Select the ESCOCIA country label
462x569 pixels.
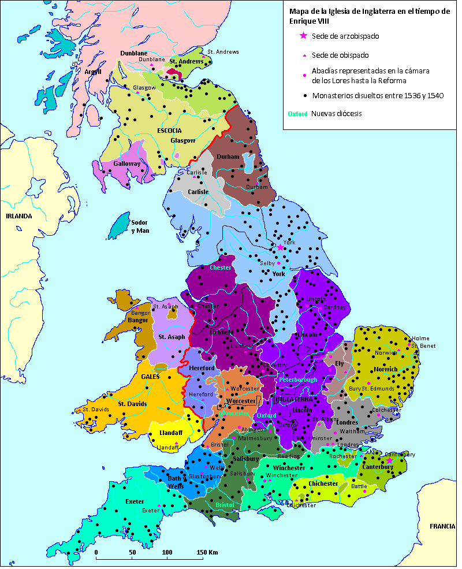[169, 131]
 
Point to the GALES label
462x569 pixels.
[150, 376]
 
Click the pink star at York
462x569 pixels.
[281, 247]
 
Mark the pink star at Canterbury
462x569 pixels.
[390, 461]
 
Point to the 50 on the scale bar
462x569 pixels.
[132, 552]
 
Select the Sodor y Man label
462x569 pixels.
[139, 226]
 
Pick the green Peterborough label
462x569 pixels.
[299, 380]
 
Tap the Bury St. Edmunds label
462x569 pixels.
[371, 389]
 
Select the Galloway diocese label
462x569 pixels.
[126, 163]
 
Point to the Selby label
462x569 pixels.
[267, 263]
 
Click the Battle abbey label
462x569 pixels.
[359, 486]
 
